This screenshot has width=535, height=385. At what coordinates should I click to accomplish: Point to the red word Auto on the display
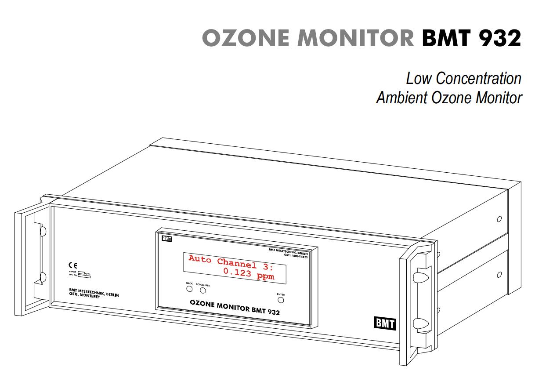click(x=201, y=258)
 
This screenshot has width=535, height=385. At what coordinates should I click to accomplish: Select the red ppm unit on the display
click(x=266, y=277)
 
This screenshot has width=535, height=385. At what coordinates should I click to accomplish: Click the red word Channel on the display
click(x=237, y=263)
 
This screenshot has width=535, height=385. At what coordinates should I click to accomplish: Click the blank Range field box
click(x=81, y=273)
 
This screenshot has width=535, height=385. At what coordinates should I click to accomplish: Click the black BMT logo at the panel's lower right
click(x=384, y=324)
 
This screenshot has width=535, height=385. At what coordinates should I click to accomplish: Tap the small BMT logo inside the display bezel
click(x=166, y=239)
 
